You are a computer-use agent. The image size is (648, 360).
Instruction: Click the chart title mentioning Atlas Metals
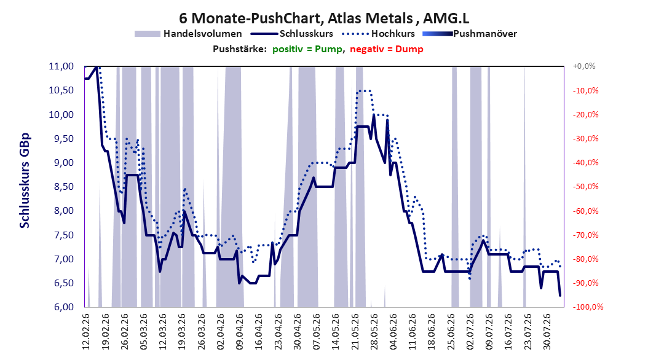(x=324, y=18)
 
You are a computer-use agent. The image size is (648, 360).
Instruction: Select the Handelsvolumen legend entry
(x=189, y=34)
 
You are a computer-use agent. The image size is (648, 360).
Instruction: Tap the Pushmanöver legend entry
(x=470, y=34)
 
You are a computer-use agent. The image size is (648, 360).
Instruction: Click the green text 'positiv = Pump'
(x=307, y=49)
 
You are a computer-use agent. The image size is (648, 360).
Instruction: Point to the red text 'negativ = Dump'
(x=387, y=49)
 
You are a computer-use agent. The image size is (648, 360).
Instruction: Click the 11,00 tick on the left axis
(x=61, y=66)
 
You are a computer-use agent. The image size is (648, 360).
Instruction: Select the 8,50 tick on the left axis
(x=61, y=187)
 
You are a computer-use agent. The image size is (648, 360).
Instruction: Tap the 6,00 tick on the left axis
(x=61, y=307)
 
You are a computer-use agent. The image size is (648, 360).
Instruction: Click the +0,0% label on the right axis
(x=584, y=66)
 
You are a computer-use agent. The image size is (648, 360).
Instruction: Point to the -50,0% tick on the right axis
(x=585, y=187)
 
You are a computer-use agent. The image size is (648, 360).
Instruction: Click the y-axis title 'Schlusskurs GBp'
(x=25, y=181)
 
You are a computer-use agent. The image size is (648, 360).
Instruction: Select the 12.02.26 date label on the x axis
(x=86, y=332)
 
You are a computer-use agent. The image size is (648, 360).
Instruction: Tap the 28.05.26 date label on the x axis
(x=374, y=332)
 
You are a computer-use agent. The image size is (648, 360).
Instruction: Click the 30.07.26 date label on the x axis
(x=547, y=332)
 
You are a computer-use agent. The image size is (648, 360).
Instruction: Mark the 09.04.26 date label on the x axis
(x=240, y=332)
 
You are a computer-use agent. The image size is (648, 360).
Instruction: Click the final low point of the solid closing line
(x=560, y=295)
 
